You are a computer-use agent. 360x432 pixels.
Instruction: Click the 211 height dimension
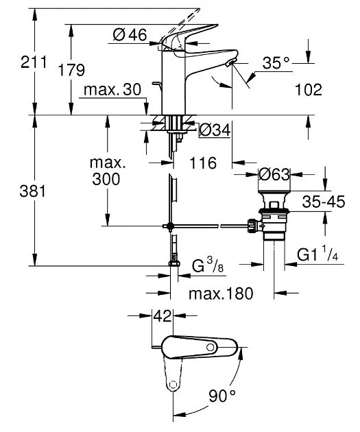[34, 62]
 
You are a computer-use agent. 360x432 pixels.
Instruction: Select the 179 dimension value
[71, 70]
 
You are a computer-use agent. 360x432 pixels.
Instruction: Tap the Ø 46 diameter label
[130, 35]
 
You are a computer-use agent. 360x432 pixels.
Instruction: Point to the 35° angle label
[276, 63]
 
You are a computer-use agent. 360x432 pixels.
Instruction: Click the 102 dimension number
[309, 90]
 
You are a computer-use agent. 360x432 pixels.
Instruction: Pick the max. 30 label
[112, 90]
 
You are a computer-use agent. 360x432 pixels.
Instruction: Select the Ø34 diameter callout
[215, 130]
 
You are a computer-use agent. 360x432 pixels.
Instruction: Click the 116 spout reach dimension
[203, 163]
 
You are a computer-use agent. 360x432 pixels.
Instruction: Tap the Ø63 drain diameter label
[274, 174]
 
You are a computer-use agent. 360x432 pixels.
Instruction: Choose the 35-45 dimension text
[324, 202]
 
